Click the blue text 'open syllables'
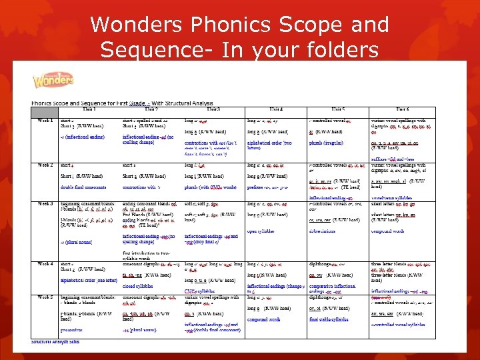click(262, 232)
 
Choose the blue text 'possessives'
click(73, 329)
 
